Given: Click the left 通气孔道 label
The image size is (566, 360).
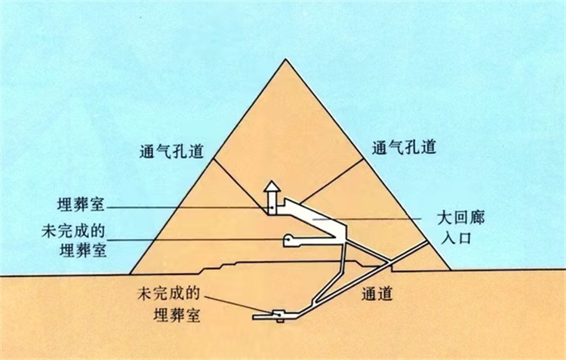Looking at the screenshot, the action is pyautogui.click(x=171, y=151).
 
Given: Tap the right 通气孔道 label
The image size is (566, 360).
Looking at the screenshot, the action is pyautogui.click(x=404, y=147).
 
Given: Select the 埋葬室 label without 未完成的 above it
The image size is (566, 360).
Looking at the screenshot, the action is pyautogui.click(x=82, y=205).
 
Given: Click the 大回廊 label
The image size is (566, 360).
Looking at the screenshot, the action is pyautogui.click(x=461, y=218).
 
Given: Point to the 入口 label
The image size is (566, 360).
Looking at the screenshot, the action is pyautogui.click(x=457, y=238).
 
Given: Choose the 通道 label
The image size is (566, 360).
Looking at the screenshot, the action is pyautogui.click(x=377, y=294).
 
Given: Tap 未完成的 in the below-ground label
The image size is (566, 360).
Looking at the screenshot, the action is pyautogui.click(x=168, y=293).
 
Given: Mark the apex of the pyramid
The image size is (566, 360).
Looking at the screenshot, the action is pyautogui.click(x=285, y=59).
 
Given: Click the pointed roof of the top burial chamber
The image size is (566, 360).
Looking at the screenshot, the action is pyautogui.click(x=272, y=186).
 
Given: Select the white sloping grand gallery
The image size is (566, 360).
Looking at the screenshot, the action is pyautogui.click(x=314, y=217).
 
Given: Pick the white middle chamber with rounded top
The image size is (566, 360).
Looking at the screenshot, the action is pyautogui.click(x=289, y=241).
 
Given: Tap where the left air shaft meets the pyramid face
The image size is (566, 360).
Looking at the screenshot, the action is pyautogui.click(x=214, y=158).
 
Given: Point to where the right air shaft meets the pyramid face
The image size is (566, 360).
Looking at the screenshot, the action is pyautogui.click(x=364, y=158).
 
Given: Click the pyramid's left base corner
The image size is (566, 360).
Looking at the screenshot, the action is pyautogui.click(x=130, y=274).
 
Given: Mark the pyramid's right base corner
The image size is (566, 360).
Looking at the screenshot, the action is pyautogui.click(x=451, y=269).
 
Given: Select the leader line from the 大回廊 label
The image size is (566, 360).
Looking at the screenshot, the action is pyautogui.click(x=367, y=219).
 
